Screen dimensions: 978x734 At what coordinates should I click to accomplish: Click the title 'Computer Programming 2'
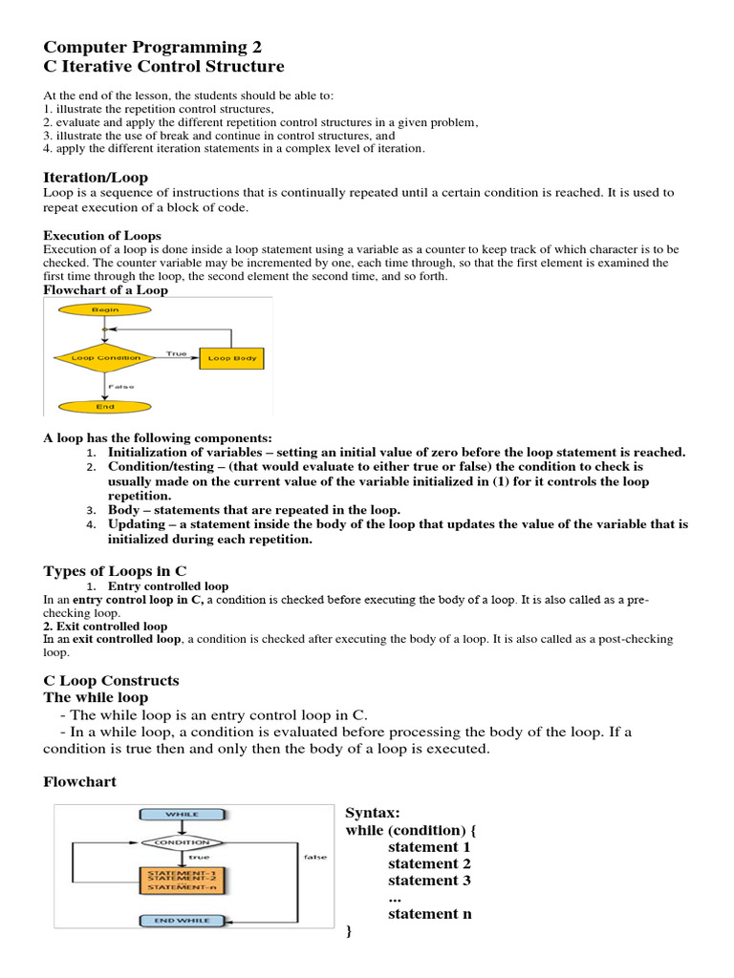click(x=152, y=47)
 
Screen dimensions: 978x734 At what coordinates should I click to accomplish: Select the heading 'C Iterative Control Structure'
click(x=163, y=67)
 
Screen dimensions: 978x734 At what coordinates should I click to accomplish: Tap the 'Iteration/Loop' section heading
click(x=96, y=178)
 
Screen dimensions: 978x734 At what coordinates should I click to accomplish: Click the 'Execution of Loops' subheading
click(x=102, y=235)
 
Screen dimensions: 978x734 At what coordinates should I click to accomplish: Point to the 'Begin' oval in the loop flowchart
click(x=105, y=309)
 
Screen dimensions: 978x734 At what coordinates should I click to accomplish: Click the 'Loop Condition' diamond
click(x=105, y=358)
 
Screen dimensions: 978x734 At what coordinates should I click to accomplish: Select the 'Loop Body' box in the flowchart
click(x=232, y=358)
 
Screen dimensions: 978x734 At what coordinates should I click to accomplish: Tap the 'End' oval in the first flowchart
click(x=105, y=406)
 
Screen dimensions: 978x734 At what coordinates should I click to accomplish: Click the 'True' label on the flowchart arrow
click(x=176, y=352)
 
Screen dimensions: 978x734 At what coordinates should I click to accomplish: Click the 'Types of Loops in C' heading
click(x=115, y=571)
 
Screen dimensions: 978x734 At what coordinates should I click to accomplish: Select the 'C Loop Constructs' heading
click(x=111, y=681)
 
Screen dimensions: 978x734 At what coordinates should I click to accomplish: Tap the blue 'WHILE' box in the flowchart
click(x=183, y=815)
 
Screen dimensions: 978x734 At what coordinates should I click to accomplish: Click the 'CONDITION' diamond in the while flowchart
click(x=183, y=842)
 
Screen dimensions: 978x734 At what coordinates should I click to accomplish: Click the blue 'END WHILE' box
click(x=183, y=921)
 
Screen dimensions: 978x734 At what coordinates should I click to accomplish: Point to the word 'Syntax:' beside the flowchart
click(x=372, y=813)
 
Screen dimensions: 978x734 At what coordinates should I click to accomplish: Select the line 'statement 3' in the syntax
click(x=429, y=881)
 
